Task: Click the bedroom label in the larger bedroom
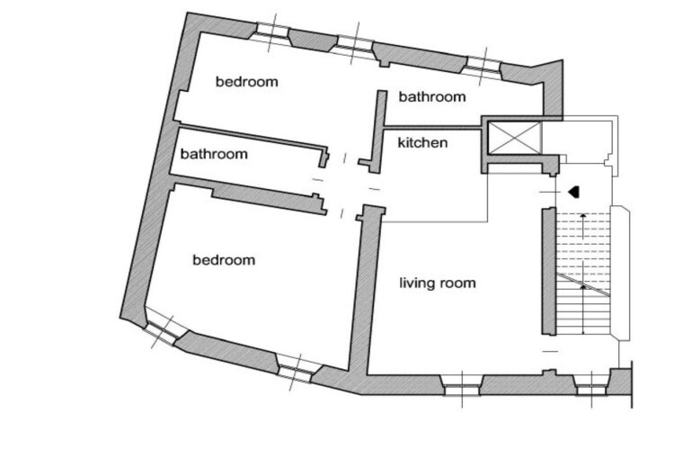pyautogui.click(x=224, y=260)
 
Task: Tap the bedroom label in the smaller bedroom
pyautogui.click(x=247, y=81)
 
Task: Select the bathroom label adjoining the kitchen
pyautogui.click(x=432, y=96)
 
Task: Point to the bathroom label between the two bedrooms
pyautogui.click(x=214, y=154)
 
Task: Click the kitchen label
pyautogui.click(x=422, y=142)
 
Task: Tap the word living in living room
pyautogui.click(x=417, y=283)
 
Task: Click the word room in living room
pyautogui.click(x=457, y=283)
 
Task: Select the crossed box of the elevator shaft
pyautogui.click(x=515, y=138)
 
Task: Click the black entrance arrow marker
pyautogui.click(x=574, y=192)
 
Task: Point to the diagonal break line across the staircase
pyautogui.click(x=583, y=284)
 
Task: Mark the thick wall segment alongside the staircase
pyautogui.click(x=549, y=271)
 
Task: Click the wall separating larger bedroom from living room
pyautogui.click(x=366, y=292)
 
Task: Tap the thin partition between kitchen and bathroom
pyautogui.click(x=432, y=128)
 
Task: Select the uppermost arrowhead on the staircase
pyautogui.click(x=583, y=214)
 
